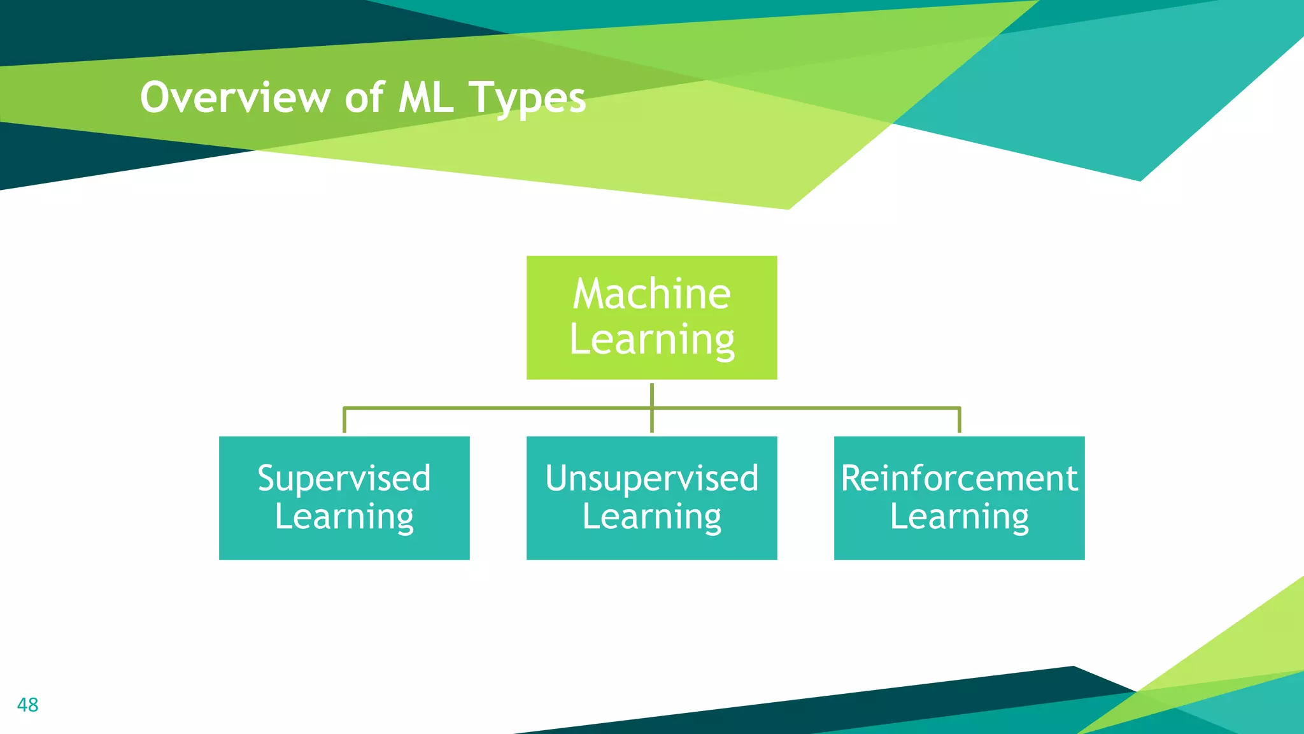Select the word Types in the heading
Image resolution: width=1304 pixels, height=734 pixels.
[527, 99]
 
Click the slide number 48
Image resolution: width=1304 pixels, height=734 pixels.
[27, 705]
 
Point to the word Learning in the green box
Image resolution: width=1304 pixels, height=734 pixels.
[651, 340]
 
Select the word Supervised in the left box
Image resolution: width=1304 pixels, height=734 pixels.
[344, 478]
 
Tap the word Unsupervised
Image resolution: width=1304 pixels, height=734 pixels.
[651, 478]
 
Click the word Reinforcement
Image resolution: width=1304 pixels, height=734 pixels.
[959, 478]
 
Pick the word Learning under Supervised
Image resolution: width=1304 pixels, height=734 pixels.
[344, 517]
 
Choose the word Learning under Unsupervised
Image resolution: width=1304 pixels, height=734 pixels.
[651, 517]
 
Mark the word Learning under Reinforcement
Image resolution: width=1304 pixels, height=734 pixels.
[959, 517]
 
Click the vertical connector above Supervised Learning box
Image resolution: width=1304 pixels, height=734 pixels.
[344, 421]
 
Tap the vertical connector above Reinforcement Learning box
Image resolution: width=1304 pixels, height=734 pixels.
[959, 421]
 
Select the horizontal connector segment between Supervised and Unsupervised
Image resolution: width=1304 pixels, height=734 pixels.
[497, 408]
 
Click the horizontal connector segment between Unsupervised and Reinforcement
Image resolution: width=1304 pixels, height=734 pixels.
[805, 408]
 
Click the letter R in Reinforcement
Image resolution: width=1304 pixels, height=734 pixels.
[852, 478]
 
